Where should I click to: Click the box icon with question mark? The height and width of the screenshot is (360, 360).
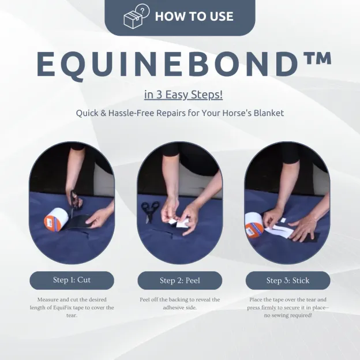pyautogui.click(x=136, y=17)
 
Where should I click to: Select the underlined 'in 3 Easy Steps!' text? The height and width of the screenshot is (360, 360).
pyautogui.click(x=183, y=95)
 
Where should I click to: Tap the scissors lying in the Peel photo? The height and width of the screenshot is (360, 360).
pyautogui.click(x=150, y=211)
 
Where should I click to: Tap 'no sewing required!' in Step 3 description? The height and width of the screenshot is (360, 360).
pyautogui.click(x=287, y=315)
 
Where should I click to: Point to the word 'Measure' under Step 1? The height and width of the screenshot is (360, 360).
pyautogui.click(x=48, y=300)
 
